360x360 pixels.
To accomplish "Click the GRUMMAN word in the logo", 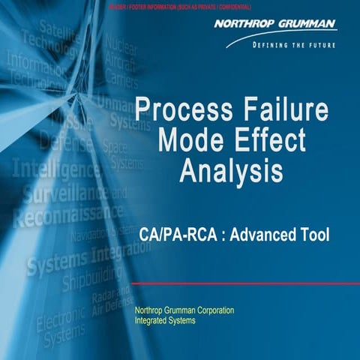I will click(307, 24).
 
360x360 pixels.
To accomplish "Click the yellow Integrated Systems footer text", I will click(164, 320).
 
